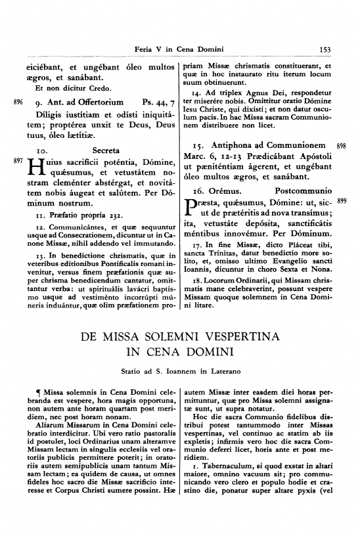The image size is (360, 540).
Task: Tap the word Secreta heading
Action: [106, 150]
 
